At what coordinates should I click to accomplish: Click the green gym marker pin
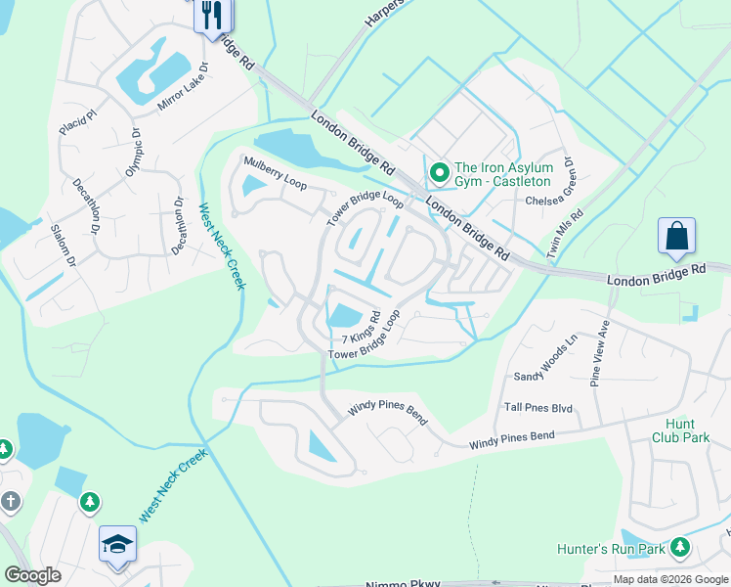[439, 173]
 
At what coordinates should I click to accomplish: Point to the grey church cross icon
[10, 502]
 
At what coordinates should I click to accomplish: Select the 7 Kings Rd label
[361, 325]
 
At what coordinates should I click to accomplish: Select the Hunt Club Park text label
[680, 430]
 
